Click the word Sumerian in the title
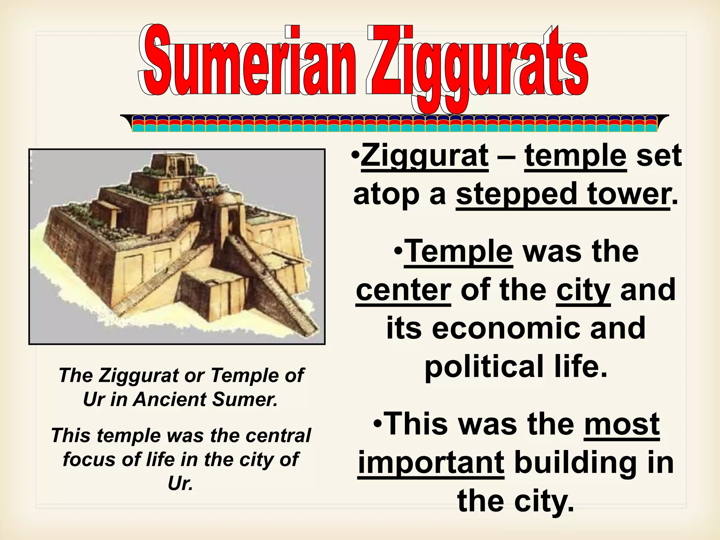point(246,62)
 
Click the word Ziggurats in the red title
point(476,65)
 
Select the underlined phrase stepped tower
point(563,194)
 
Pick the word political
point(478,367)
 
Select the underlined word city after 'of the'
point(583,290)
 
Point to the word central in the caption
point(278,435)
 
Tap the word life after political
point(580,367)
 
